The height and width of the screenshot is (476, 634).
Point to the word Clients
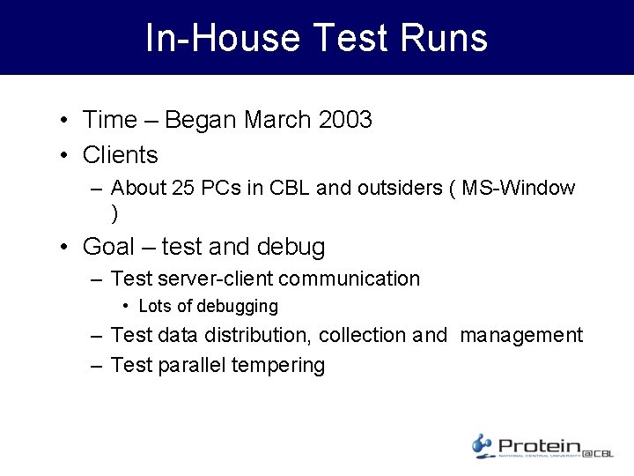pyautogui.click(x=120, y=155)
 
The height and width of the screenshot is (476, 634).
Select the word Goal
pyautogui.click(x=108, y=247)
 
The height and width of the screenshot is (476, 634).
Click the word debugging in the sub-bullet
pyautogui.click(x=237, y=307)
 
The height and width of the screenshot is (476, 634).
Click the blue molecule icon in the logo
pyautogui.click(x=482, y=444)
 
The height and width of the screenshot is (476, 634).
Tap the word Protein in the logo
pyautogui.click(x=539, y=446)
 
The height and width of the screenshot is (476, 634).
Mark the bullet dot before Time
pyautogui.click(x=66, y=121)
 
